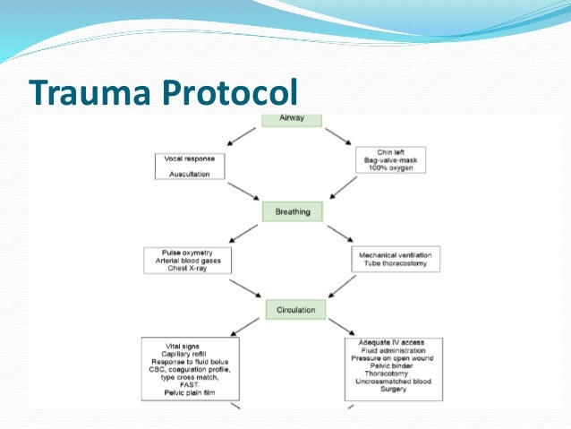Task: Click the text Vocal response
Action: [189, 158]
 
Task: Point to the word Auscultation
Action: [190, 174]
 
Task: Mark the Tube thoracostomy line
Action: [395, 264]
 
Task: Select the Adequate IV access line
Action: [392, 342]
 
